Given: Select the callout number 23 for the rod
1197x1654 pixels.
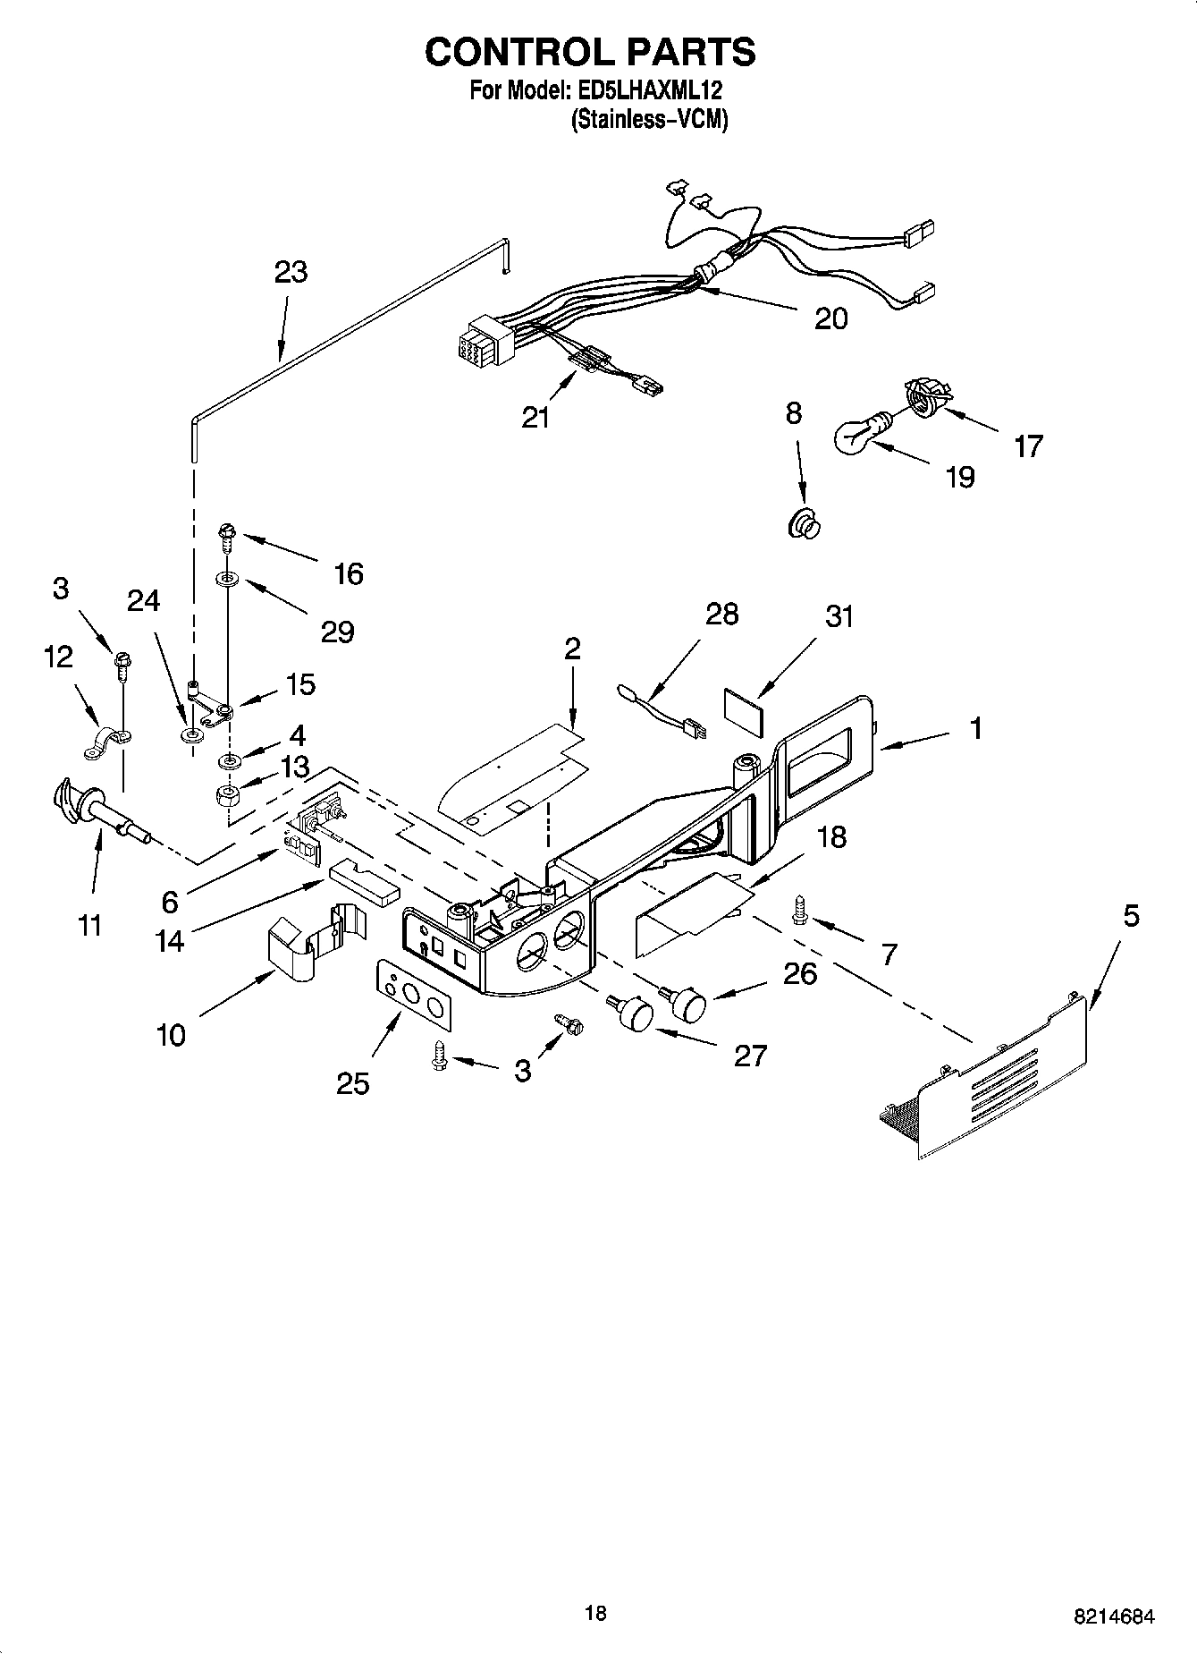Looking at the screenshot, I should pos(291,272).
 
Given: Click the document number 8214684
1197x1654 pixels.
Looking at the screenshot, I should pos(1114,1616).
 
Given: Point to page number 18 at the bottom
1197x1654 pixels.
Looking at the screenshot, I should pos(595,1613).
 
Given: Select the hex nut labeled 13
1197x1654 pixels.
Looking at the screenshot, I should pos(230,793).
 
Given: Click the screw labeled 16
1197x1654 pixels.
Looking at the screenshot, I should pos(224,539).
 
